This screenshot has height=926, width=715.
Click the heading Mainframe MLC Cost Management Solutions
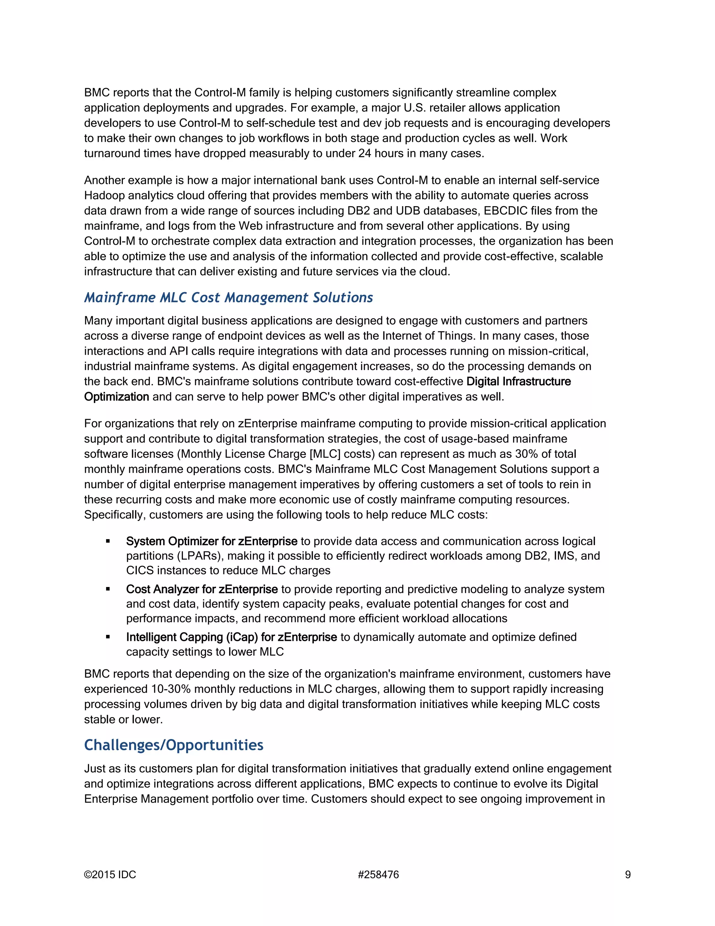coord(228,298)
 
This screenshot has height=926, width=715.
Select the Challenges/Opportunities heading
coord(174,745)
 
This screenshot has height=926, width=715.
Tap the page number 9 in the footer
coord(628,875)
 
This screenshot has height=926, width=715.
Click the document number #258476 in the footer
coord(378,875)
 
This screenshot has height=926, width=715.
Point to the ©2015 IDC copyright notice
coord(110,875)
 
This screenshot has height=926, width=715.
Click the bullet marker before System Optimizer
coord(108,541)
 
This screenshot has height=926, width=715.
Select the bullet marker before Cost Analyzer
coord(108,589)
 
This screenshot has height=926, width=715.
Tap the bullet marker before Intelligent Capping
coord(108,637)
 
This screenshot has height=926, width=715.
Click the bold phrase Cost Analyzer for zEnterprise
coord(202,589)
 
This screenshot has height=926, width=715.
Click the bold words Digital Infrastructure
coord(518,382)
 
